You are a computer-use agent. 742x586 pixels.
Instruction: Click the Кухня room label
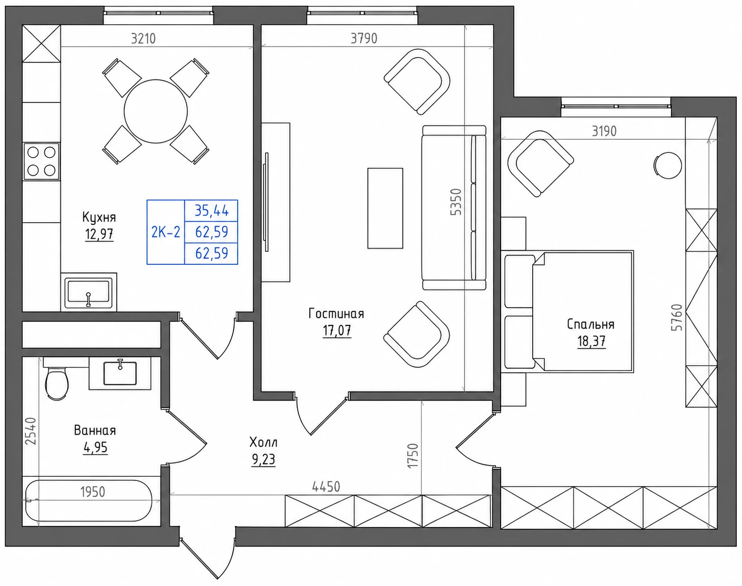point(99,217)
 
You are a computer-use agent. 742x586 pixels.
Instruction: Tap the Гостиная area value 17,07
point(337,331)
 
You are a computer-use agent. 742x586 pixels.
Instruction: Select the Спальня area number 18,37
point(591,341)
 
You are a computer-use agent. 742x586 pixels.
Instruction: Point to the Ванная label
point(95,430)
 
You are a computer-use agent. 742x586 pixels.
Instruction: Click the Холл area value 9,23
point(263,459)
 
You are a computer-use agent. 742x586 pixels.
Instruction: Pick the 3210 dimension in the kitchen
point(144,38)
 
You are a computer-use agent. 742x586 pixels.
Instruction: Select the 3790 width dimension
point(364,38)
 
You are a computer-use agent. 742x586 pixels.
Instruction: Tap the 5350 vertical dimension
point(456,202)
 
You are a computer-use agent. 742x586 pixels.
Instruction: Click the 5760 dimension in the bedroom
point(677,317)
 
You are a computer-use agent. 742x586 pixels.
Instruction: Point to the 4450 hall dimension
point(326,487)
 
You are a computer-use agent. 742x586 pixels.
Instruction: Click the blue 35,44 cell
point(211,210)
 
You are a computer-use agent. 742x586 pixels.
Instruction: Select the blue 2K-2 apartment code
point(166,232)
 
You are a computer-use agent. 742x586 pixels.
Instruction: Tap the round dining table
point(156,111)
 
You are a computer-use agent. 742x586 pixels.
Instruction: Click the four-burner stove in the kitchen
point(41,161)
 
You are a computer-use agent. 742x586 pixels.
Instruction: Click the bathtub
point(89,500)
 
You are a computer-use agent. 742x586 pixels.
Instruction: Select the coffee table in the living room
point(385,208)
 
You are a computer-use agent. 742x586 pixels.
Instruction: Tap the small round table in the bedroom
point(668,166)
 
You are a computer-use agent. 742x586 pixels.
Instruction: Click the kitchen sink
point(89,292)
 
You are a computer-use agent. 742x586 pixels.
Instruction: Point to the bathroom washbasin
point(120,372)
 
